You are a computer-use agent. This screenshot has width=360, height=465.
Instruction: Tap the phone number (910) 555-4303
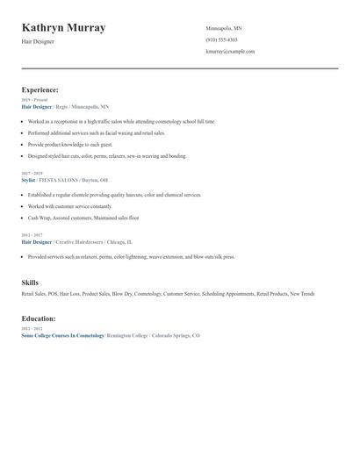pyautogui.click(x=221, y=39)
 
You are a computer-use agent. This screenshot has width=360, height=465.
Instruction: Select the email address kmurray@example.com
pyautogui.click(x=230, y=51)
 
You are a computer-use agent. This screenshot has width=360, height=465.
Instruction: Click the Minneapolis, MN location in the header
pyautogui.click(x=224, y=28)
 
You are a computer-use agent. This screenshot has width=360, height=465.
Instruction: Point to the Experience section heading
pyautogui.click(x=40, y=89)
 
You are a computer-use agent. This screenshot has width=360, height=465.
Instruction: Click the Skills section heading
pyautogui.click(x=30, y=283)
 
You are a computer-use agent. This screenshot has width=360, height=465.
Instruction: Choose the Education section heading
pyautogui.click(x=39, y=318)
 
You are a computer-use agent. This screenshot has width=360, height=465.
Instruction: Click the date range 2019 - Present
pyautogui.click(x=35, y=100)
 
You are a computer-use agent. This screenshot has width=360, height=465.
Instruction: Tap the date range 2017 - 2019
pyautogui.click(x=33, y=173)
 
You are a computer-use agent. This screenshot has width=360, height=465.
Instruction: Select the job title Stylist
pyautogui.click(x=28, y=179)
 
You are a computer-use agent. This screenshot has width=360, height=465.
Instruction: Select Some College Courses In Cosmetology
pyautogui.click(x=62, y=335)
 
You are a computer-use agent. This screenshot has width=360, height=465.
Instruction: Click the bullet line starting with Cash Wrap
pyautogui.click(x=83, y=218)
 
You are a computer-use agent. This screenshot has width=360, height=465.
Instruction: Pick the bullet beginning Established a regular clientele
pyautogui.click(x=114, y=195)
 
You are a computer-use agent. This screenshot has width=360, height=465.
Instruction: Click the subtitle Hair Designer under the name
pyautogui.click(x=38, y=41)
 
